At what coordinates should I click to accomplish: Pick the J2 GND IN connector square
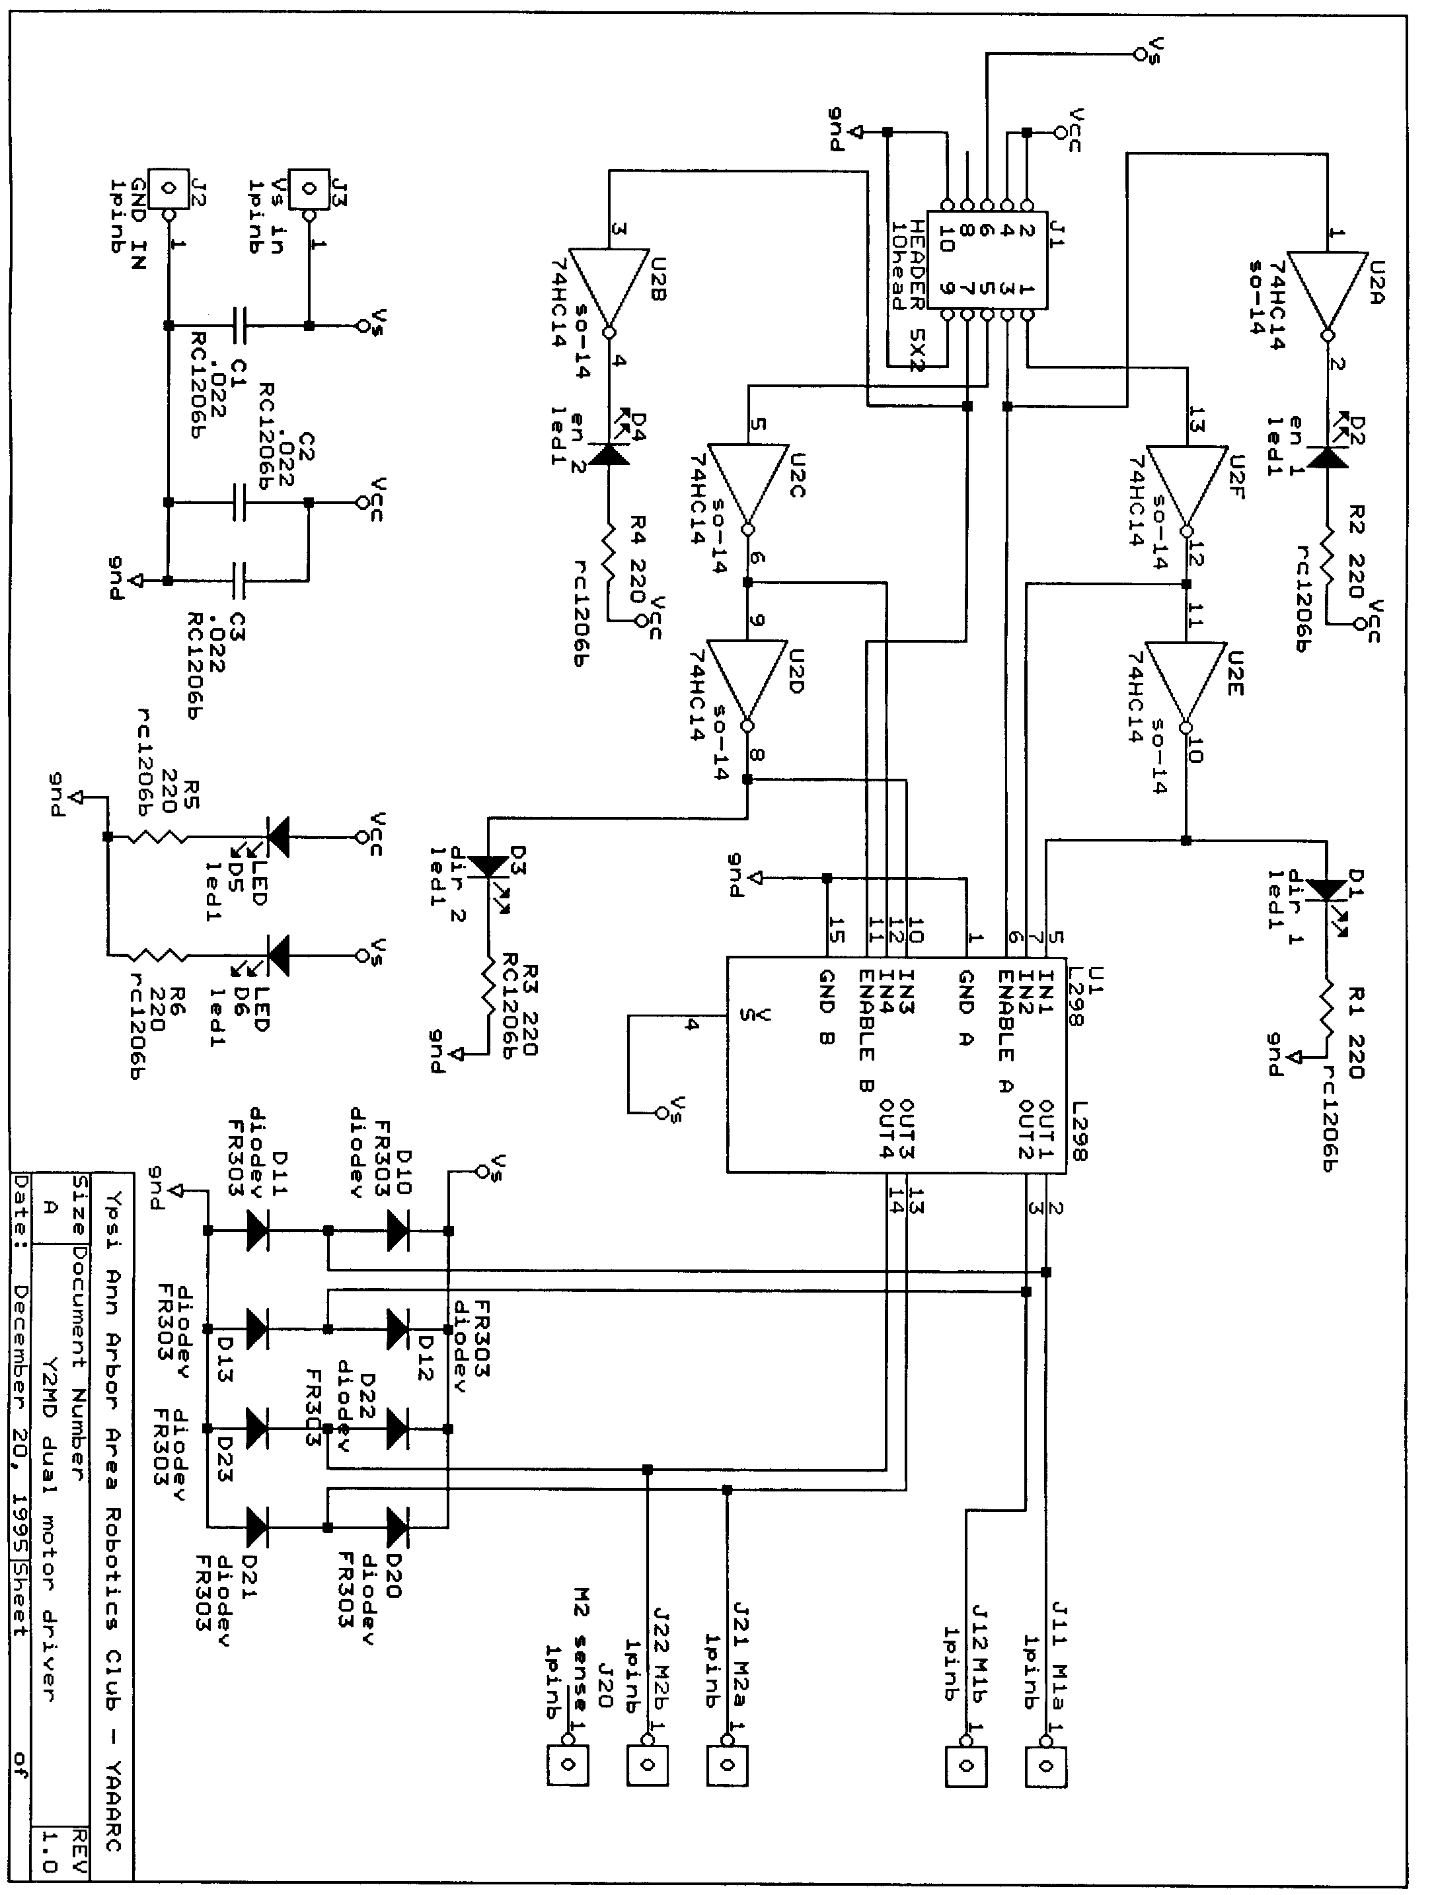168,188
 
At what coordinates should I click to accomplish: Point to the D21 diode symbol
256,1526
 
